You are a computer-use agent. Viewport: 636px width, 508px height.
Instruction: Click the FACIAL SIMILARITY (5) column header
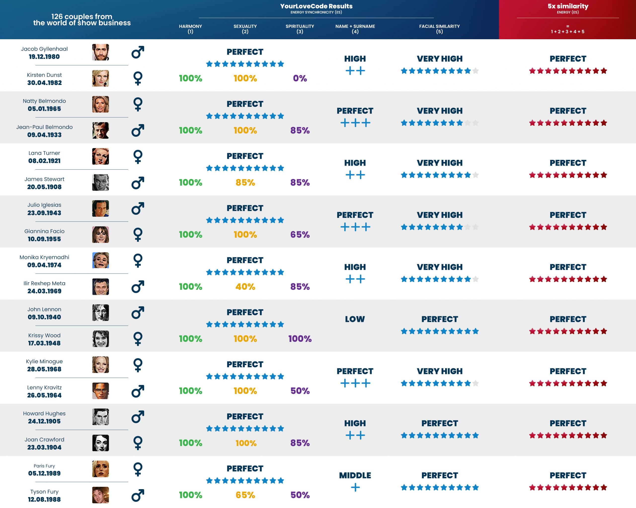pyautogui.click(x=439, y=29)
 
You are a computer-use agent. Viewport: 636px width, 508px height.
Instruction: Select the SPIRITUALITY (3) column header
pyautogui.click(x=300, y=29)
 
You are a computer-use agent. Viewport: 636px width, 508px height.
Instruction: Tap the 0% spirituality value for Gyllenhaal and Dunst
pyautogui.click(x=300, y=78)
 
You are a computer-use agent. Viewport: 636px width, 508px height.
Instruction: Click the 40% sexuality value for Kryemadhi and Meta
pyautogui.click(x=245, y=287)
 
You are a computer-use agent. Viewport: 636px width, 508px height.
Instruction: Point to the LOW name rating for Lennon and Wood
pyautogui.click(x=355, y=319)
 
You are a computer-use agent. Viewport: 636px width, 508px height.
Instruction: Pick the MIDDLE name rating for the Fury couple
pyautogui.click(x=355, y=475)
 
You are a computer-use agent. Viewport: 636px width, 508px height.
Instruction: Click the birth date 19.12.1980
pyautogui.click(x=44, y=57)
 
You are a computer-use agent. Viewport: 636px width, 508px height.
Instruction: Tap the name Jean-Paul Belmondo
pyautogui.click(x=44, y=127)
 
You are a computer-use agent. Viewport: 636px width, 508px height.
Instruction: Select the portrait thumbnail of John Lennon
pyautogui.click(x=100, y=313)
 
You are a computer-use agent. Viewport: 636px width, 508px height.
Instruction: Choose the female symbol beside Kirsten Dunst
pyautogui.click(x=138, y=78)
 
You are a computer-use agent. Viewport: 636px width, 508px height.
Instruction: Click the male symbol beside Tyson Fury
pyautogui.click(x=138, y=495)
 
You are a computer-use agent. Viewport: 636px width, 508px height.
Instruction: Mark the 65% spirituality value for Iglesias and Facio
pyautogui.click(x=300, y=235)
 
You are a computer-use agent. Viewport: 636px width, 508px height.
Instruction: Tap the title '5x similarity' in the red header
pyautogui.click(x=568, y=6)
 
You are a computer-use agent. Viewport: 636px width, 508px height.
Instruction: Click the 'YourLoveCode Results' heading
pyautogui.click(x=316, y=6)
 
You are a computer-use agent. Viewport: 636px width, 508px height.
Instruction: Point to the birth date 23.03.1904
pyautogui.click(x=44, y=447)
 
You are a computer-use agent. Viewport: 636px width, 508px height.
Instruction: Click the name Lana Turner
pyautogui.click(x=44, y=153)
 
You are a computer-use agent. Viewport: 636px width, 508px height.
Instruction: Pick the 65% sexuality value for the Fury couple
pyautogui.click(x=245, y=495)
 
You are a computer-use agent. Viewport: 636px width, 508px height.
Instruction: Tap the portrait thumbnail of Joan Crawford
pyautogui.click(x=100, y=443)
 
